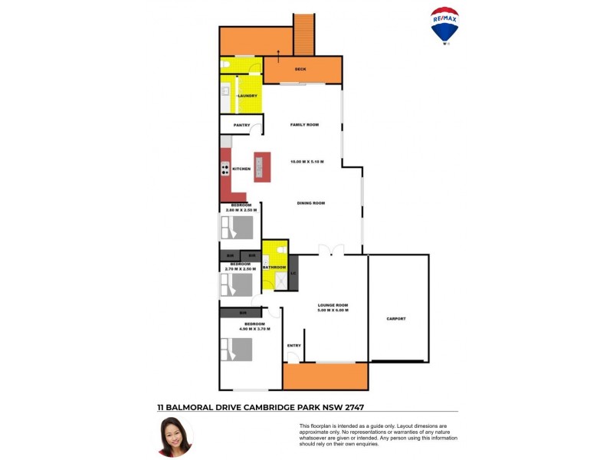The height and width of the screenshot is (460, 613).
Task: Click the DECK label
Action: point(301,69)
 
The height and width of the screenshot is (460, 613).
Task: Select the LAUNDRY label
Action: point(247,96)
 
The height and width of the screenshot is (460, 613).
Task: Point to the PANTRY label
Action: point(242,125)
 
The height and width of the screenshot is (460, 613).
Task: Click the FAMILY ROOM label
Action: point(303,124)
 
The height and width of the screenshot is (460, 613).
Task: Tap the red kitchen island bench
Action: point(262,168)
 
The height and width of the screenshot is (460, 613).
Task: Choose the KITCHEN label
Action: point(241,169)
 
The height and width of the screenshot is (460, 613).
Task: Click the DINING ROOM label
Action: point(311,203)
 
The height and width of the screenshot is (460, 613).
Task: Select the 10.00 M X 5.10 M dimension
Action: point(306,162)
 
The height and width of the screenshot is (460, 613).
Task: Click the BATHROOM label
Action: point(274,267)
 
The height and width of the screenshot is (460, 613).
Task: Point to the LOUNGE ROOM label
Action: point(333,305)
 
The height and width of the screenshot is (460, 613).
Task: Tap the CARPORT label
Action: point(396,318)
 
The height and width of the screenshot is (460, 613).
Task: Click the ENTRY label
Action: point(293,346)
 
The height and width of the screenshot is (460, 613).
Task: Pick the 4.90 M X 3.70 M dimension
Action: point(254,329)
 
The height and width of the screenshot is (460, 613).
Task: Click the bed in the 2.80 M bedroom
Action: point(238,228)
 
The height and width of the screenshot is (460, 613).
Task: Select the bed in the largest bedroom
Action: point(238,350)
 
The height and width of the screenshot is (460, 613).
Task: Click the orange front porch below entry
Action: point(325,376)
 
